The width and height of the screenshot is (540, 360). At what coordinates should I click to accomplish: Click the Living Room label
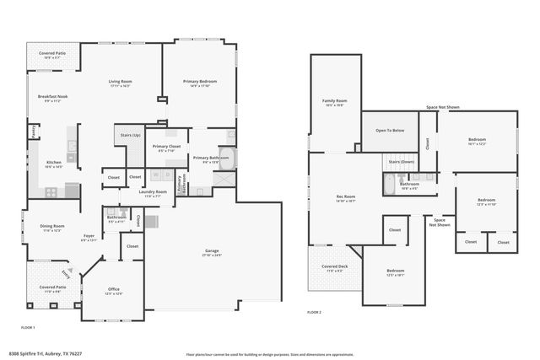coord(120,81)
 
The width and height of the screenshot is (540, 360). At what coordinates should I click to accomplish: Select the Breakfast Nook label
coord(52,96)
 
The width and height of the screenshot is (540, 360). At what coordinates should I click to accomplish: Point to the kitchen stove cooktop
coord(51,191)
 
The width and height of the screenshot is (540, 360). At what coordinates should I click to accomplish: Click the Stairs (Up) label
coord(131,134)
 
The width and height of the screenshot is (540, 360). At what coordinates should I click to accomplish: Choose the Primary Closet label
coord(166,147)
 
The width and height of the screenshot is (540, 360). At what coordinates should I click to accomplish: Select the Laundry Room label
coord(154,191)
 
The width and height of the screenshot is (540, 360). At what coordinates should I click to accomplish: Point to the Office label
coord(113,290)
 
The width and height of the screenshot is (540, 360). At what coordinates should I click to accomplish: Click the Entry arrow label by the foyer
coord(65,273)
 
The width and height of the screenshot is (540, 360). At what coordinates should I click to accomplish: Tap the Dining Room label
coord(52,226)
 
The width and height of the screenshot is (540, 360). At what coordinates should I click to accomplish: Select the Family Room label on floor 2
coord(335,100)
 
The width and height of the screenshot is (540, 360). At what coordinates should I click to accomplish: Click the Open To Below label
coord(390,131)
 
